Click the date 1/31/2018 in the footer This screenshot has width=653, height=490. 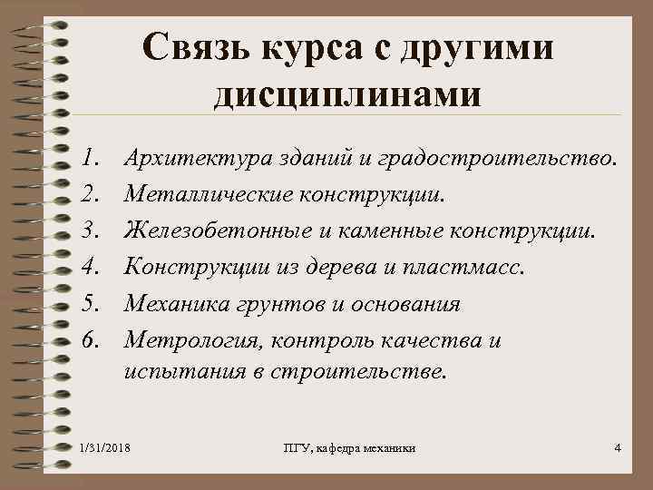[104, 448]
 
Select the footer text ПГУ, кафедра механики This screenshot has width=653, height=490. [350, 448]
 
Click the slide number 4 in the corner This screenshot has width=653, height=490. [617, 447]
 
